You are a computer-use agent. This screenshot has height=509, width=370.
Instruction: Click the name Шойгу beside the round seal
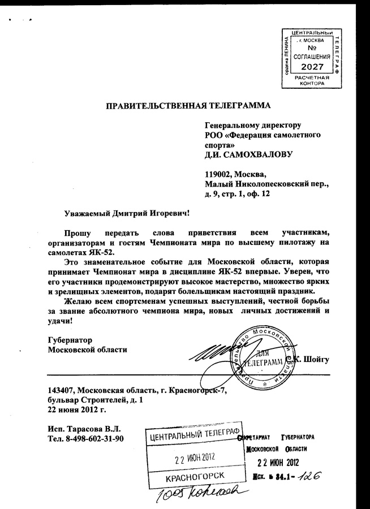point(315,359)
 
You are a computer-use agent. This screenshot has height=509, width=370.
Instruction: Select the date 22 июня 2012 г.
point(77,409)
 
